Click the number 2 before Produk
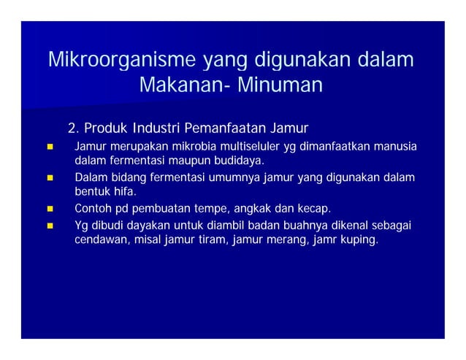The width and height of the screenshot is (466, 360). pos(71,129)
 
